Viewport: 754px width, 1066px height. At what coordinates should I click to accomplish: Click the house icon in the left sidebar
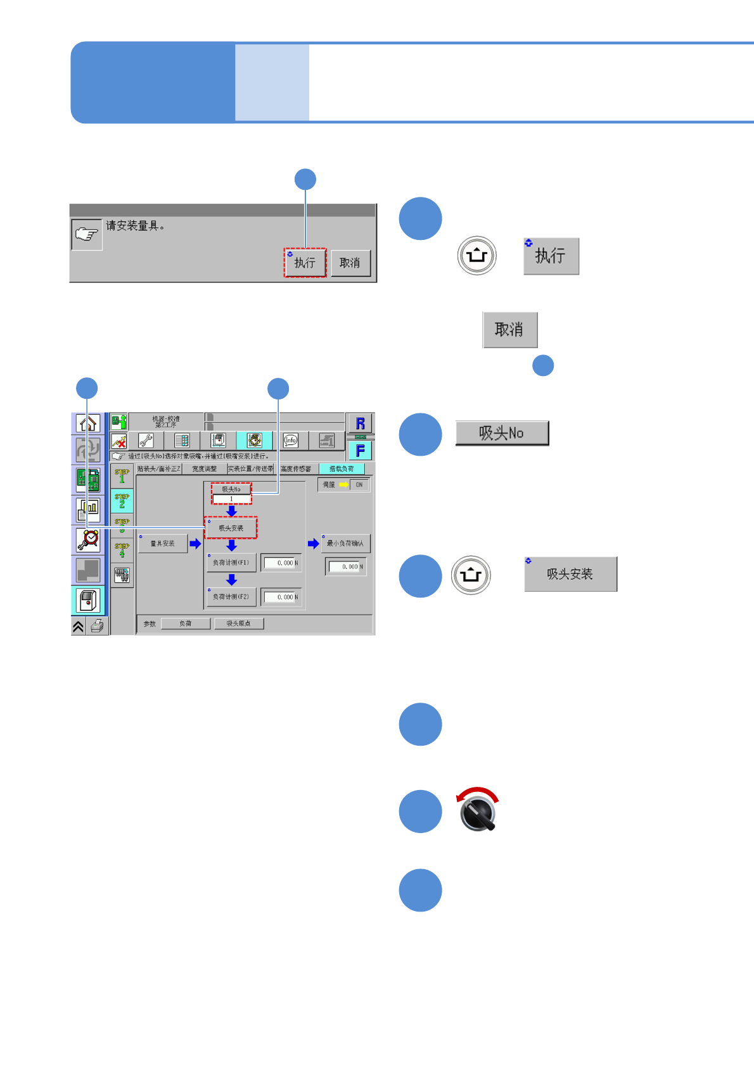click(x=88, y=423)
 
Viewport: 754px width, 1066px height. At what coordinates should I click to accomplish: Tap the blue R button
click(x=360, y=423)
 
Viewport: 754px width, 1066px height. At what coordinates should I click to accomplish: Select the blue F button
click(x=360, y=451)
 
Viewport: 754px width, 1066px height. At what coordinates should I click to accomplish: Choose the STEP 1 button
click(x=122, y=476)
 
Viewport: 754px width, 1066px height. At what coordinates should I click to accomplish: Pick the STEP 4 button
click(x=122, y=550)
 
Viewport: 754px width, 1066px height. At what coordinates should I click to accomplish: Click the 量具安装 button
click(x=163, y=544)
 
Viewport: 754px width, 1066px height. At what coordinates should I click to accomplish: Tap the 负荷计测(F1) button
click(x=231, y=563)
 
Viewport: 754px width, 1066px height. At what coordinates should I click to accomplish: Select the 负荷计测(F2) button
click(x=231, y=597)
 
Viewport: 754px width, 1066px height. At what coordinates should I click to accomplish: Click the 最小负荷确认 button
click(x=345, y=544)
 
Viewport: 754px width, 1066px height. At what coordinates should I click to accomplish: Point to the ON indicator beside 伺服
click(x=359, y=485)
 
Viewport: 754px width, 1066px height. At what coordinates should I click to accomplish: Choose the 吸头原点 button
click(x=238, y=624)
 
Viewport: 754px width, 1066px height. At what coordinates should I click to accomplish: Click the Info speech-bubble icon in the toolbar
click(x=290, y=441)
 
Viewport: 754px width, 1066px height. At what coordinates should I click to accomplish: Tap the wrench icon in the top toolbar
click(x=146, y=441)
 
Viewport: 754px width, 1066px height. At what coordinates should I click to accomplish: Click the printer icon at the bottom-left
click(x=98, y=626)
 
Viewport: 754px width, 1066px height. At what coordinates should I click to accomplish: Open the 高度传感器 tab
click(x=296, y=469)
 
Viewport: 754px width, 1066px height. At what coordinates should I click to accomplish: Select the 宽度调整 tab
click(x=204, y=469)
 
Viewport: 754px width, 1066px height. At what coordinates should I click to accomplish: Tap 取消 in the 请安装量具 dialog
click(x=350, y=263)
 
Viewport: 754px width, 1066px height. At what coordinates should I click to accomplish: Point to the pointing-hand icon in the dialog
click(x=87, y=234)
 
